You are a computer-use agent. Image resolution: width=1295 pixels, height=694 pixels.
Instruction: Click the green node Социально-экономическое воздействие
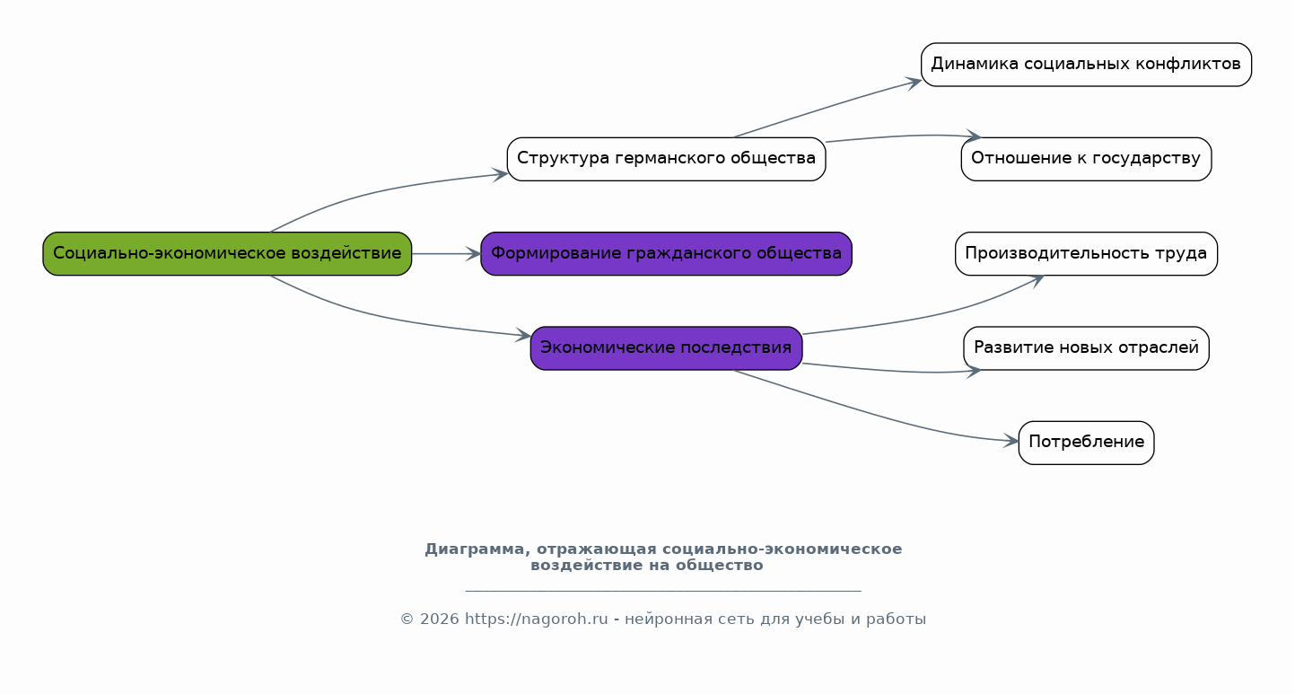pos(227,254)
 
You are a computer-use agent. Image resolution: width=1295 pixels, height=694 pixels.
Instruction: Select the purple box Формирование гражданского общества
pos(666,254)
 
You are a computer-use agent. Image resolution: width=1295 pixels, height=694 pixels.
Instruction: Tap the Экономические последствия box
pos(666,348)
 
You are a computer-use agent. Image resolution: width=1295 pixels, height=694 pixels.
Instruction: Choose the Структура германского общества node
pos(666,159)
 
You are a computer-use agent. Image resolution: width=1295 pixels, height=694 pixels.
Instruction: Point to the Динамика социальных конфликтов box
pos(1086,65)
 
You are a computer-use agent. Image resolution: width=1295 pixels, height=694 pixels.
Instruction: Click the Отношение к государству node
pos(1086,159)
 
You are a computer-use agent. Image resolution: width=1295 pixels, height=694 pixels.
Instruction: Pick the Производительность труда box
pos(1086,254)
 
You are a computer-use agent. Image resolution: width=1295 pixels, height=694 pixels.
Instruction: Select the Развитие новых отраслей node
pos(1086,348)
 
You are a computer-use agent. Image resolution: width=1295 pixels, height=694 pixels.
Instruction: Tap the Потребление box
pos(1086,443)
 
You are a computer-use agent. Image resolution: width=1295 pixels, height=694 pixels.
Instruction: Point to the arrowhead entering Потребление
pos(1011,441)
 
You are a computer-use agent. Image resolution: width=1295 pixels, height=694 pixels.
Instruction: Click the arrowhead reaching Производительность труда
pos(1037,280)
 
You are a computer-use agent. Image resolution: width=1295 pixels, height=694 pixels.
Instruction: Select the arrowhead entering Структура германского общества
pos(500,175)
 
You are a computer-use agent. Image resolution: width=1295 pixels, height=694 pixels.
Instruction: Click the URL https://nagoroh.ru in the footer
pos(537,619)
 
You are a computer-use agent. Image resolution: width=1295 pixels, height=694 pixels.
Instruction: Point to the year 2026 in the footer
pos(440,619)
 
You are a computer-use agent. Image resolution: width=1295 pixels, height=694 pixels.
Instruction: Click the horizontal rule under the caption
pos(663,591)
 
